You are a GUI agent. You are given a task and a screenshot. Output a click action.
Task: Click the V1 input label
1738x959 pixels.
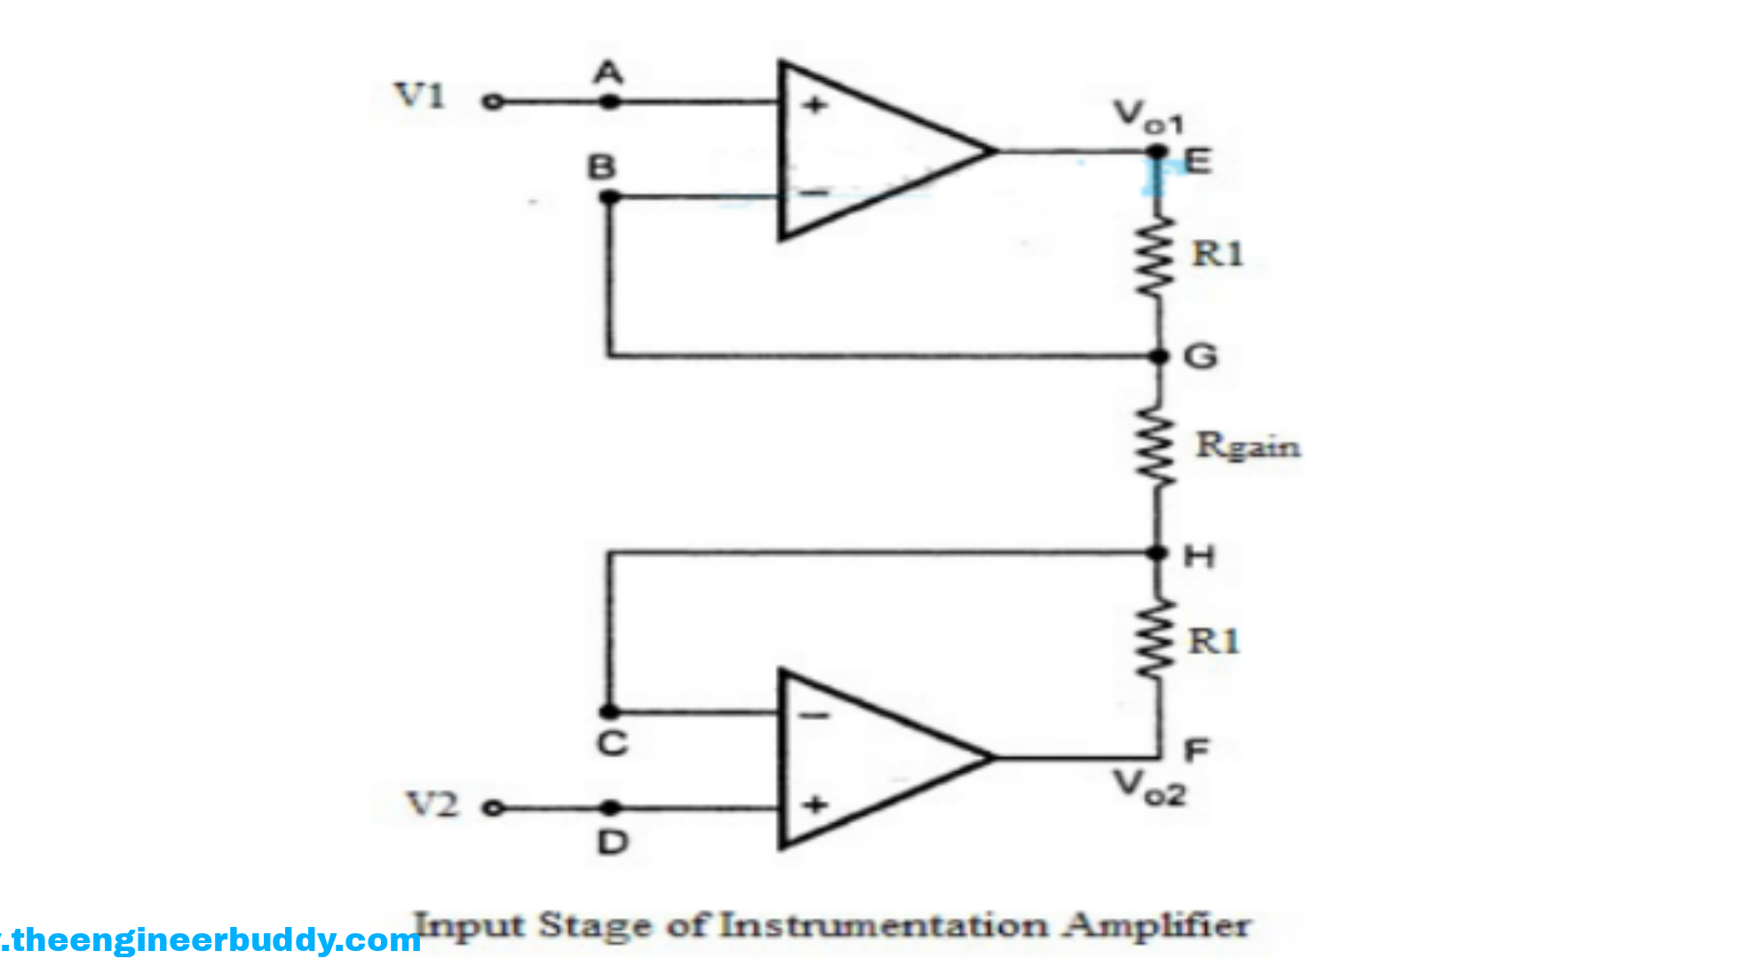tap(419, 95)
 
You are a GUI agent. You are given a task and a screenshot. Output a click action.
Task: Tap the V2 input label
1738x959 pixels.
tap(432, 804)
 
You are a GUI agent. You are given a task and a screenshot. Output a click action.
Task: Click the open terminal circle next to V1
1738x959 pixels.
tap(492, 102)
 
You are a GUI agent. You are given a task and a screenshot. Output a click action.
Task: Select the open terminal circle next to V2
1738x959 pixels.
tap(493, 808)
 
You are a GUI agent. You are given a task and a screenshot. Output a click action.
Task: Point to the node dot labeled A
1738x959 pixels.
tap(609, 102)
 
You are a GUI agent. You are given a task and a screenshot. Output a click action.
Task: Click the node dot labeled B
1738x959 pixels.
tap(609, 197)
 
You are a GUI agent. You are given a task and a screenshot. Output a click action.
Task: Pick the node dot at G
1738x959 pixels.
tap(1159, 356)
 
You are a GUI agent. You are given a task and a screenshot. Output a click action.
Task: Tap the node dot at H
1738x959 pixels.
tap(1157, 553)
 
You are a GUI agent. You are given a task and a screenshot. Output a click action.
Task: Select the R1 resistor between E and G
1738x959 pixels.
tap(1157, 258)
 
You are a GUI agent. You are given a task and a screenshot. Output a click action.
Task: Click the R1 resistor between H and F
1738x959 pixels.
tap(1157, 639)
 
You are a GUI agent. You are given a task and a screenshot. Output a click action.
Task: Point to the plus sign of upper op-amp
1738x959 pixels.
tap(814, 105)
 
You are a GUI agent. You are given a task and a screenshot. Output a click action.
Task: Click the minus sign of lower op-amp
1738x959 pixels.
tap(814, 716)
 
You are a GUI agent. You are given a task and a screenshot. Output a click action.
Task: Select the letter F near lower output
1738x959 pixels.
tap(1196, 751)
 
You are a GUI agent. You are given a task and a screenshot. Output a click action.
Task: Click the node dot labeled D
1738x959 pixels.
tap(610, 808)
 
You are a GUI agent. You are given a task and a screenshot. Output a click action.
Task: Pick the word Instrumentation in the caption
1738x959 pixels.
tap(884, 925)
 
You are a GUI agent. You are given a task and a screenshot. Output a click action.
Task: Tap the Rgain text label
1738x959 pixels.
tap(1248, 446)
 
